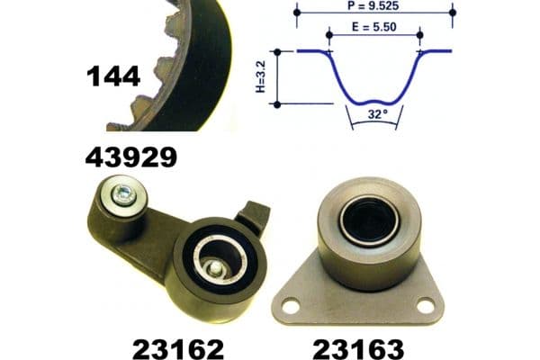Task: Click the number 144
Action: (113, 76)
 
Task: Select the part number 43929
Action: (130, 157)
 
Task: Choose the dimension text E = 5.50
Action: (376, 27)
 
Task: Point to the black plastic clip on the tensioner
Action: (255, 217)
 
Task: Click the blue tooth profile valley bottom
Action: (375, 94)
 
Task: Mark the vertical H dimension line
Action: (277, 77)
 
